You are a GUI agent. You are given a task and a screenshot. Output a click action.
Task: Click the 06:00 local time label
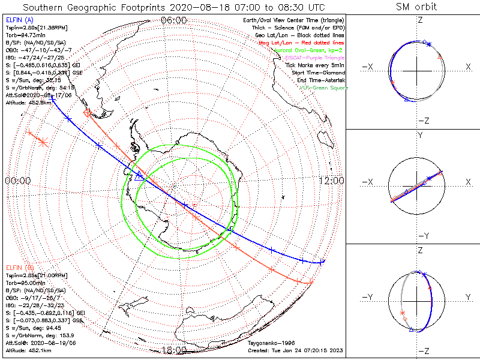[175, 20]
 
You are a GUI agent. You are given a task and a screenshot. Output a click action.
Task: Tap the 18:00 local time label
[175, 350]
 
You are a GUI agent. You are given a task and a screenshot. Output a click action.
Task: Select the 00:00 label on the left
[17, 181]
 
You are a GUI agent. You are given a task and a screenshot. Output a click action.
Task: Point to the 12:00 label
[331, 181]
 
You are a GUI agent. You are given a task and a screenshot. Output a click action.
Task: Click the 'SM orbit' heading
[417, 7]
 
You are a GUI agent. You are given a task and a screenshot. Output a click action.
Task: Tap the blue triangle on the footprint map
[139, 176]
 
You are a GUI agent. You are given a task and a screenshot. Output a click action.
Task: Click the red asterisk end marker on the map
[43, 142]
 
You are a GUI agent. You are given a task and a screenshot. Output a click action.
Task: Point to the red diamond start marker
[88, 113]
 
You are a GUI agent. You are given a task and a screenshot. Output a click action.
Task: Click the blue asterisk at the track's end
[322, 261]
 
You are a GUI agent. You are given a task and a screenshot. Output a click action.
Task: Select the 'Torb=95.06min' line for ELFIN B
[26, 282]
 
